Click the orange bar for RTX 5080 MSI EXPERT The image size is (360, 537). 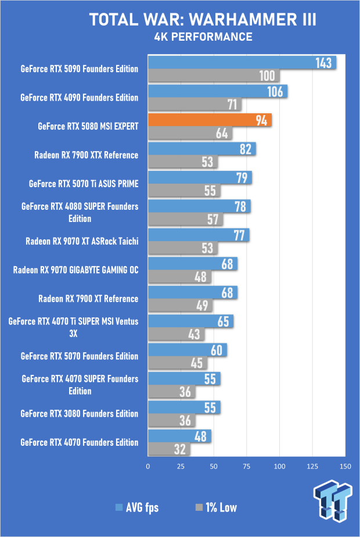point(210,120)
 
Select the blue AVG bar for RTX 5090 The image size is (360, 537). point(242,62)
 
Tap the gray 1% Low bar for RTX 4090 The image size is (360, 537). point(195,104)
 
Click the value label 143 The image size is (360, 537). point(323,63)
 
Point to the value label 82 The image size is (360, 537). point(246,149)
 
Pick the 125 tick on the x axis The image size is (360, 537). point(312,466)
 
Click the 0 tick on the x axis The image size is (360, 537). point(148,466)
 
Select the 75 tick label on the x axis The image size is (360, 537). point(246,466)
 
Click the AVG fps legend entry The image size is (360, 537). point(137,507)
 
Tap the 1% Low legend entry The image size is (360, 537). point(216,507)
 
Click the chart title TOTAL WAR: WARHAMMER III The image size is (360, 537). point(203,20)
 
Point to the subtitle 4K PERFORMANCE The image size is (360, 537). point(203,37)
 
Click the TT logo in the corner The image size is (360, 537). point(333,500)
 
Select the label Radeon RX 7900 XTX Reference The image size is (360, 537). point(87,155)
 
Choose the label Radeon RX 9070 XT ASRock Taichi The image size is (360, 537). point(82,241)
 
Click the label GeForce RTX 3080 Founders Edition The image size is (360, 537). point(80,414)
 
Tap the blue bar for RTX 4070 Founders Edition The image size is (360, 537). point(179,436)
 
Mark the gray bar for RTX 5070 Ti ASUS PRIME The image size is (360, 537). point(184,191)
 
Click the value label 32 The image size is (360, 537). point(179,449)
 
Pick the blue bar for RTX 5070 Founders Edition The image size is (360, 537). point(187,350)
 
